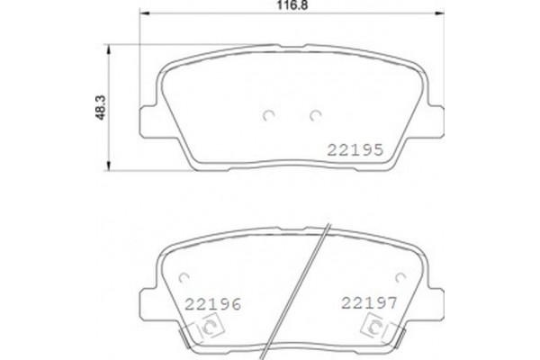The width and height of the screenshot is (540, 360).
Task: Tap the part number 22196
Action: [212, 304]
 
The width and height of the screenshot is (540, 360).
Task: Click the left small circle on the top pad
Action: [267, 114]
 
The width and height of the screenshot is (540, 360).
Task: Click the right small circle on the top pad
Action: [315, 114]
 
